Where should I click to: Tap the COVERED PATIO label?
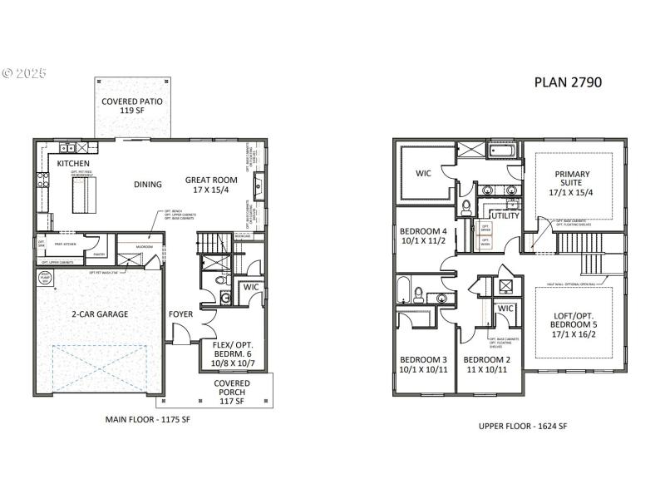pos(131,106)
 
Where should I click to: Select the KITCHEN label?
pos(73,164)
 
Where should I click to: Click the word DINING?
pos(148,185)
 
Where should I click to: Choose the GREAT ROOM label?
pos(211,185)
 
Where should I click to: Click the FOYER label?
pos(180,314)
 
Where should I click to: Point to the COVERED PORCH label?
pos(232,393)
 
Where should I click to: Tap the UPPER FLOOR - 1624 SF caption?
pos(523,426)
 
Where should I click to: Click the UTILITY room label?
pos(506,215)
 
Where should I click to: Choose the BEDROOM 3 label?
pos(423,365)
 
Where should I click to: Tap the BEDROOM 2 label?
pos(487,365)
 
